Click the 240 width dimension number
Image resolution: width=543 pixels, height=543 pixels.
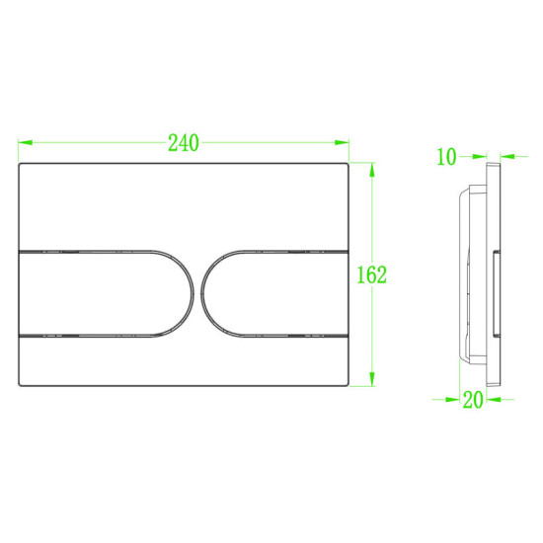[183, 143]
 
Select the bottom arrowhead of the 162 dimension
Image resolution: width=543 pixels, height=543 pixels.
[372, 383]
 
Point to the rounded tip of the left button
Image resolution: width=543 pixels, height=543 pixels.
[190, 290]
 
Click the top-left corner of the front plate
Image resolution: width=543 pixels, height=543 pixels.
[21, 164]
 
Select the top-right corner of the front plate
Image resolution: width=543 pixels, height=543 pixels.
[349, 164]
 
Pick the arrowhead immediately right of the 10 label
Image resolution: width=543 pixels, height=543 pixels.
[478, 155]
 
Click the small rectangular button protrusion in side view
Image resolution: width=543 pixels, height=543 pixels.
[494, 291]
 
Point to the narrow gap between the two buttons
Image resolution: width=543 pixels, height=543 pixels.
[195, 290]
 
